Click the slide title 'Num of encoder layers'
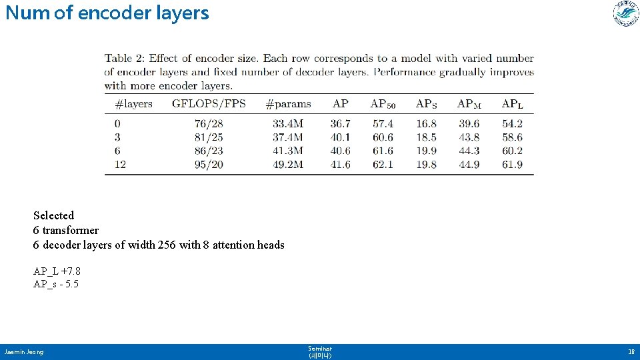tap(107, 13)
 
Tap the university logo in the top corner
tap(626, 14)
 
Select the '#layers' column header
tap(133, 104)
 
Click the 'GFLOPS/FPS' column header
tap(209, 104)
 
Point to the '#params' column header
tap(288, 104)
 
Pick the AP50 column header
tap(383, 104)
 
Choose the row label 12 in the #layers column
tap(120, 164)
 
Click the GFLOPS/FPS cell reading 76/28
tap(209, 124)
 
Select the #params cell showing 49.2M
tap(288, 164)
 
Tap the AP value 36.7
tap(340, 124)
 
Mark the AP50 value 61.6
tap(383, 151)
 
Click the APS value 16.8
tap(426, 124)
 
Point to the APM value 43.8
tap(469, 137)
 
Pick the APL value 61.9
tap(512, 164)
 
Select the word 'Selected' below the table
tap(54, 215)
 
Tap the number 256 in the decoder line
tap(167, 245)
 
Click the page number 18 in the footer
tap(630, 351)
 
